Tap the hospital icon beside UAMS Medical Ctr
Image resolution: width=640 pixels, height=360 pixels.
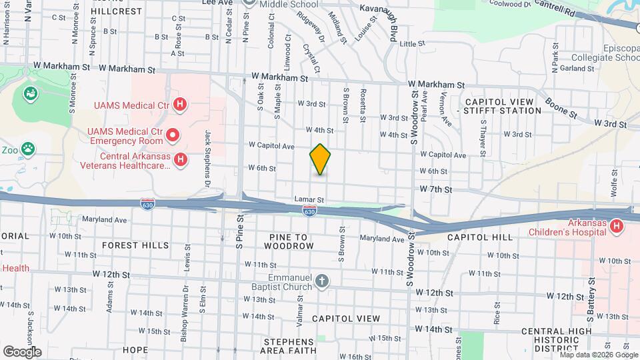[x=179, y=104]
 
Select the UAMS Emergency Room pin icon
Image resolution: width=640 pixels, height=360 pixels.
[x=173, y=136]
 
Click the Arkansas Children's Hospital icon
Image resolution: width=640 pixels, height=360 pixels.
[x=617, y=227]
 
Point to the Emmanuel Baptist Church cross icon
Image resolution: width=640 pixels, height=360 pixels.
[x=322, y=281]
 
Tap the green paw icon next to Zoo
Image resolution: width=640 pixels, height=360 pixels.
[x=28, y=148]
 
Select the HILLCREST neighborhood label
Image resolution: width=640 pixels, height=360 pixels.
[x=117, y=11]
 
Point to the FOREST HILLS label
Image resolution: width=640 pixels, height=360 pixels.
[x=135, y=245]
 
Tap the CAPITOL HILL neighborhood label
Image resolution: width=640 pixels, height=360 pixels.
[x=480, y=237]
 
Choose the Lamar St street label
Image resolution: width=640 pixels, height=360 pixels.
[x=309, y=199]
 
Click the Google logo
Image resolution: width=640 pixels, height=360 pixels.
[x=22, y=351]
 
